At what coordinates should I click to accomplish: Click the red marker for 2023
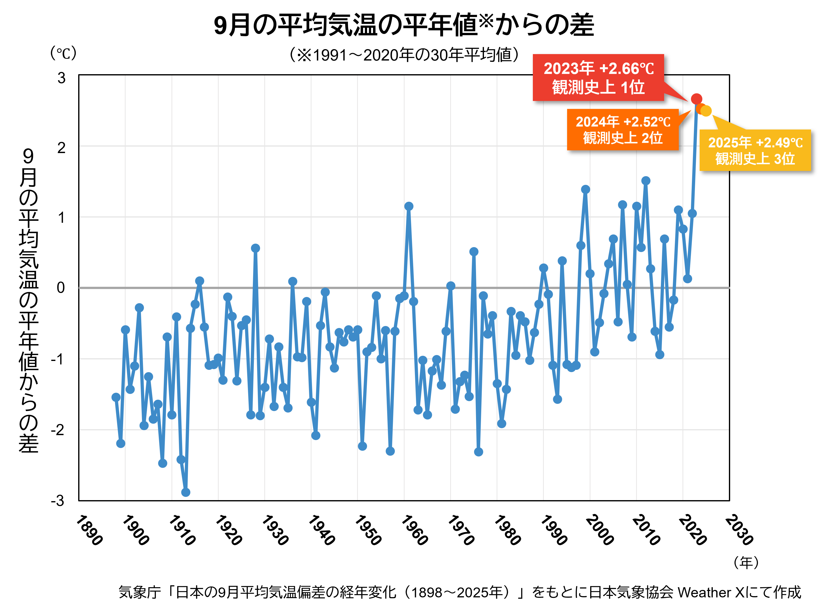(x=696, y=99)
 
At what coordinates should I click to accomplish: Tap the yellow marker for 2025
(x=706, y=111)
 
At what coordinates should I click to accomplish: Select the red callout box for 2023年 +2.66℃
(x=598, y=78)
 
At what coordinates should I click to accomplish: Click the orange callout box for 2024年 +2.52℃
(x=623, y=129)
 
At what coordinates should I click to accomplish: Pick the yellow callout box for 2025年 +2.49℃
(x=755, y=150)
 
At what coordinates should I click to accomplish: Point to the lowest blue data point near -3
(x=185, y=492)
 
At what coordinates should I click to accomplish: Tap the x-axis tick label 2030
(x=739, y=530)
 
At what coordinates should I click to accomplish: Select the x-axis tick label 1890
(x=89, y=530)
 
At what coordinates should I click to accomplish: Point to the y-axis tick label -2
(x=58, y=430)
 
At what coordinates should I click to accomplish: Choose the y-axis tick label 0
(x=61, y=288)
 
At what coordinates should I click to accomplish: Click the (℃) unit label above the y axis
(x=63, y=53)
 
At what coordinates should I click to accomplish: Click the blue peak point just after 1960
(x=409, y=206)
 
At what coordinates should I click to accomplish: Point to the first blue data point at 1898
(x=116, y=397)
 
